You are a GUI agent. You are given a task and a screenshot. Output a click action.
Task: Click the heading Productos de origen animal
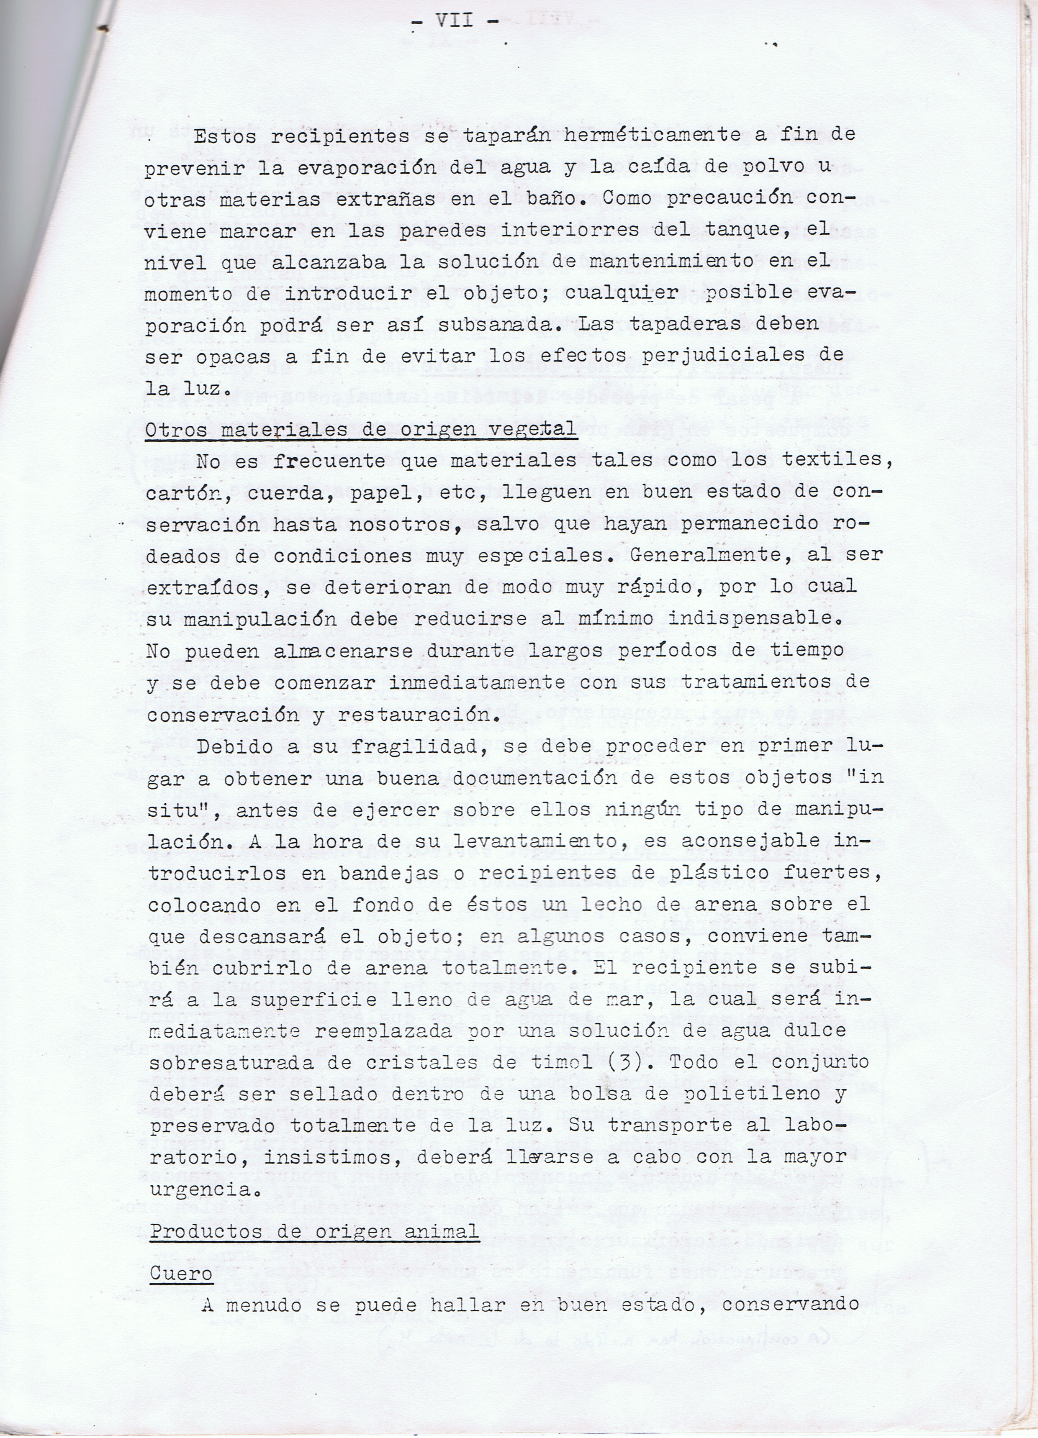click(314, 1232)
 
